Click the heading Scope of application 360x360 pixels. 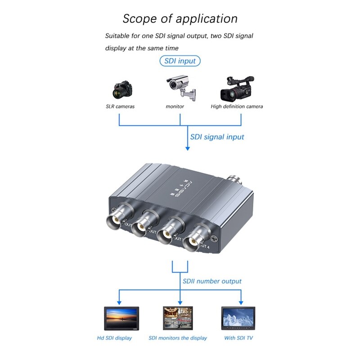point(180,19)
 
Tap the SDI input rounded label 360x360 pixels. point(180,61)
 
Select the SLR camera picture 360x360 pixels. point(122,90)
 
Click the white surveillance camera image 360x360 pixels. point(181,86)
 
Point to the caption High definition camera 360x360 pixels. point(237,107)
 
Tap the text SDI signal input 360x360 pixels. point(217,137)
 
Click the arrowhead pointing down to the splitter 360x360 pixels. point(187,148)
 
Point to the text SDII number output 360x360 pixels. point(212,281)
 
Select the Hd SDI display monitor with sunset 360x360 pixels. point(121,318)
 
